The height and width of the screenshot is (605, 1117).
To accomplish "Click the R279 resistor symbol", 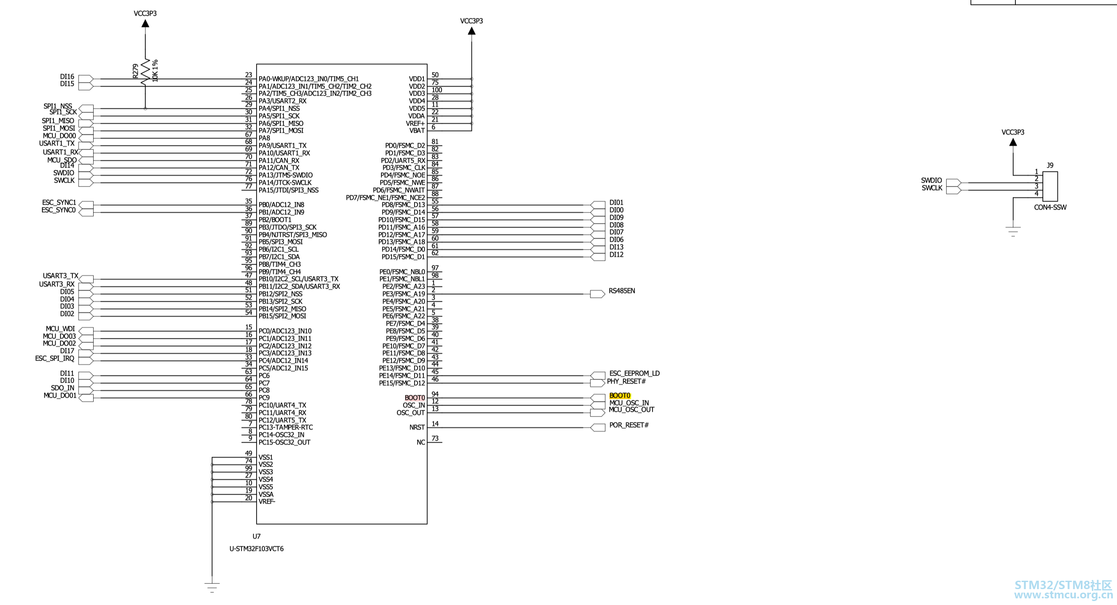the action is (145, 72).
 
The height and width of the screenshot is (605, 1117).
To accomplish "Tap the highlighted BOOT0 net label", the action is (620, 396).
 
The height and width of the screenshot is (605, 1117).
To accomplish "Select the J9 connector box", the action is (1050, 186).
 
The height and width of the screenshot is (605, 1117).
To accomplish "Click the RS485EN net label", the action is (622, 291).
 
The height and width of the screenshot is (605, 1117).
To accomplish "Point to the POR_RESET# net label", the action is (629, 425).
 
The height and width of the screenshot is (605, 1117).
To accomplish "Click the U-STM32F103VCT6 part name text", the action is (257, 549).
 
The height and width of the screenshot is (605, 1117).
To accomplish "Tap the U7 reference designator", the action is (257, 537).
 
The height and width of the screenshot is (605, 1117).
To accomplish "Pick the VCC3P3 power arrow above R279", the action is (145, 23).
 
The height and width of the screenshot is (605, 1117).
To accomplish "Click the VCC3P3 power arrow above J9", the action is (1013, 142).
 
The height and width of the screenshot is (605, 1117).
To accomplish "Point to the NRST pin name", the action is (417, 427).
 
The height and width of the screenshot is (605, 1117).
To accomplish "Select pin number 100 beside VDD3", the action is (437, 90).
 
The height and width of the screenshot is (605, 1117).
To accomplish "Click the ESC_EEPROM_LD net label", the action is (634, 374).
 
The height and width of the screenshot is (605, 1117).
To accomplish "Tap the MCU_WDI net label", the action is (60, 329).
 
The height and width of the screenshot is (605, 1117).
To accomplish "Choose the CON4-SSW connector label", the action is (1050, 208).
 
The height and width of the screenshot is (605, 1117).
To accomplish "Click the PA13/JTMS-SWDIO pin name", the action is (286, 175).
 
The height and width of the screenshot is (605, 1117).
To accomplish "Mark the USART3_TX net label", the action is (60, 276).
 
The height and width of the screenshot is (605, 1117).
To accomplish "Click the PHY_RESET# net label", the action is (626, 382).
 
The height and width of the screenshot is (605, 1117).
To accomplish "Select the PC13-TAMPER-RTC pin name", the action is (286, 427).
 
